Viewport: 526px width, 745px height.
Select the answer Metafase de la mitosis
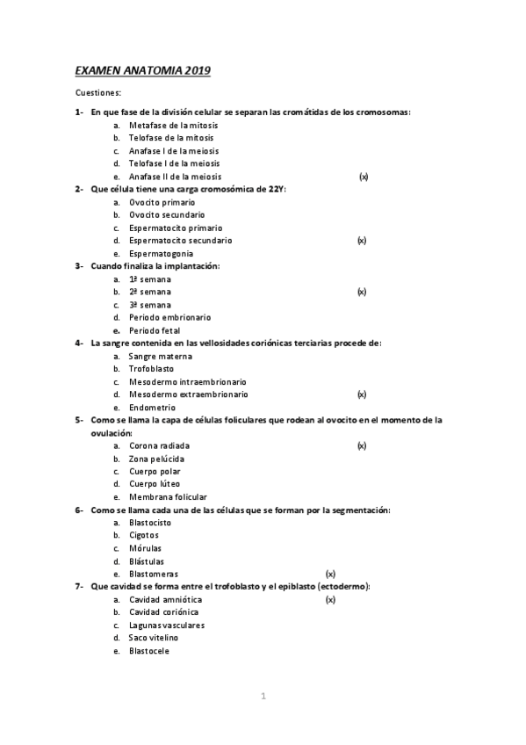173,126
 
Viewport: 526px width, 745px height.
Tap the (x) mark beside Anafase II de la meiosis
363,177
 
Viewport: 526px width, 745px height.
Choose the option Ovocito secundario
167,214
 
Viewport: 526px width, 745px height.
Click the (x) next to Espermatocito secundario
362,240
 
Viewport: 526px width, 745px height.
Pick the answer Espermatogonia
162,253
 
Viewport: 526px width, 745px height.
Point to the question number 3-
79,265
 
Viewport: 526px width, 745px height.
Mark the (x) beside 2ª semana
362,291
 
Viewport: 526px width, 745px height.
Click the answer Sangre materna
160,356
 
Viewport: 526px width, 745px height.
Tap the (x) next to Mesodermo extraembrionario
362,394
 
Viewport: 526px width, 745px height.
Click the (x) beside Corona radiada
362,446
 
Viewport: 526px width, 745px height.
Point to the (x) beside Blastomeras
330,575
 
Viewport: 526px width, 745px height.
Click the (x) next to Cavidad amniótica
330,600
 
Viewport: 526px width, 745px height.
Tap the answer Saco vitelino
154,638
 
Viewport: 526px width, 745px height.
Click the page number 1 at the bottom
263,697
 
